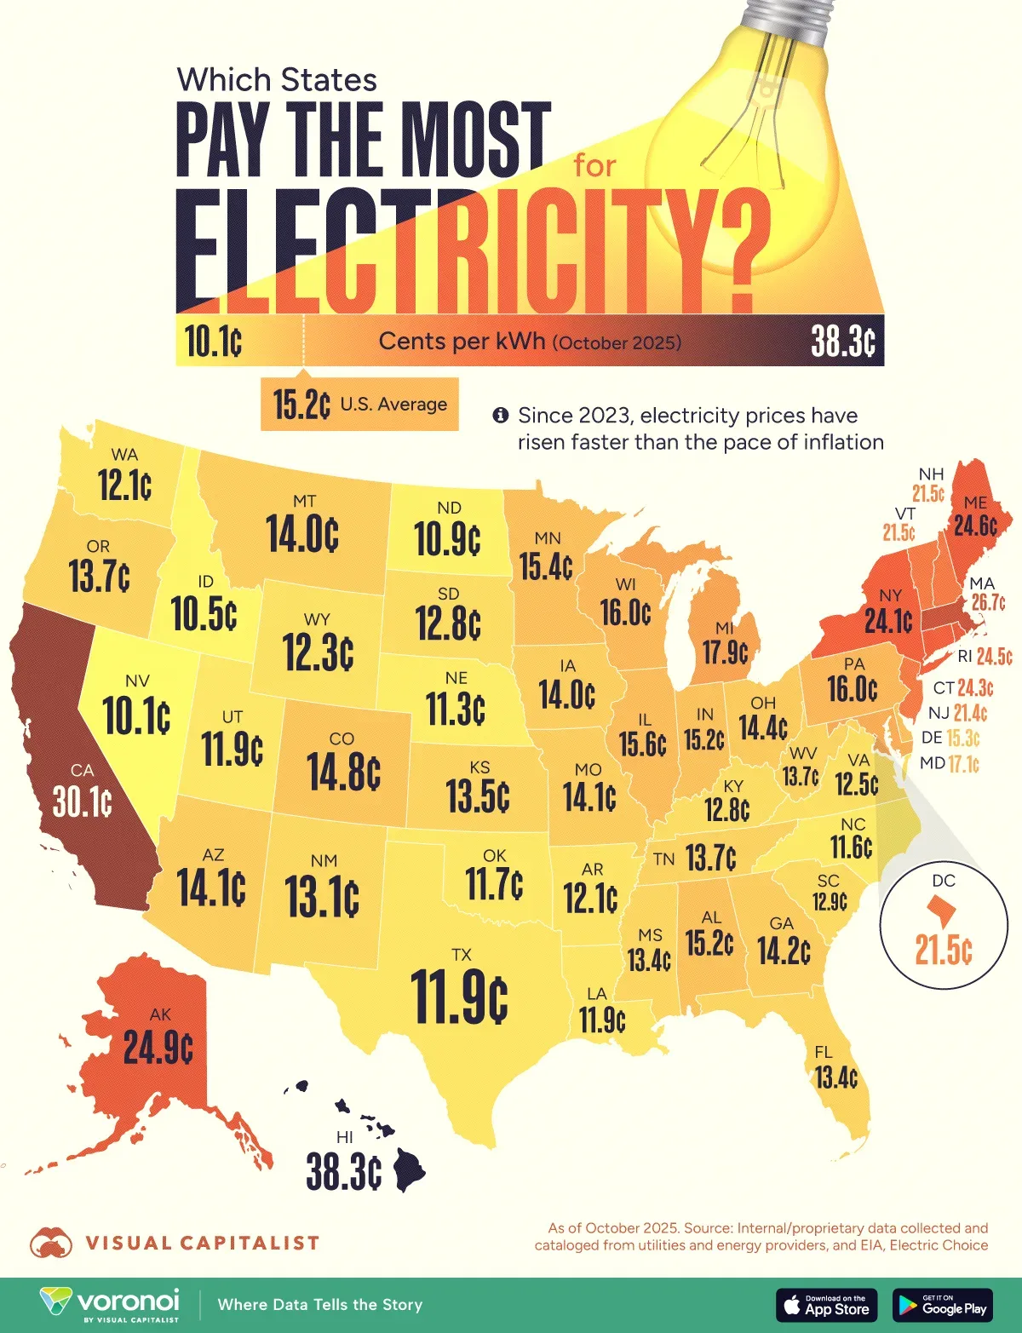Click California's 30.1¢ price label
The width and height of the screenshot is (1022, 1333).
[x=82, y=802]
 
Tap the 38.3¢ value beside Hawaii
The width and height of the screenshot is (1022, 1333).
[x=343, y=1173]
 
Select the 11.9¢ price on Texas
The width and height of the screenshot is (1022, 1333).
[x=459, y=997]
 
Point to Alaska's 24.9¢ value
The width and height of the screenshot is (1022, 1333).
[x=158, y=1047]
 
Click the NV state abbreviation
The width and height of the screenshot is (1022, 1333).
[x=137, y=681]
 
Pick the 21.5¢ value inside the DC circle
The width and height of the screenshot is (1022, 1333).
[x=944, y=949]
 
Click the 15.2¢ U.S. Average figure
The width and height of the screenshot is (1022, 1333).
[x=301, y=405]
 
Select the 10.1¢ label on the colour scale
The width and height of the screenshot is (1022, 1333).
[x=213, y=342]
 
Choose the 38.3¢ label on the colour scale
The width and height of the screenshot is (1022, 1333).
[x=842, y=342]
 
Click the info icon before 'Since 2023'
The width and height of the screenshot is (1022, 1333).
[x=501, y=416]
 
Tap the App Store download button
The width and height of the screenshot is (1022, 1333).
[x=826, y=1305]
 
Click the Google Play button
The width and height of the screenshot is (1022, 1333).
[x=943, y=1305]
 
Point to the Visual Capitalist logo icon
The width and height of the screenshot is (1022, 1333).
[x=51, y=1244]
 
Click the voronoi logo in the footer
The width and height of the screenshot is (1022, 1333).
[x=111, y=1304]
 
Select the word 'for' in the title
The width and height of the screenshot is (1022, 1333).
[x=594, y=165]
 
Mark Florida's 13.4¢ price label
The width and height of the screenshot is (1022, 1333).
[x=835, y=1077]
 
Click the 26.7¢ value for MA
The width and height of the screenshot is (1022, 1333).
[x=988, y=602]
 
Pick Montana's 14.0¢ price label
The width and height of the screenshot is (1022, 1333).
[x=302, y=535]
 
